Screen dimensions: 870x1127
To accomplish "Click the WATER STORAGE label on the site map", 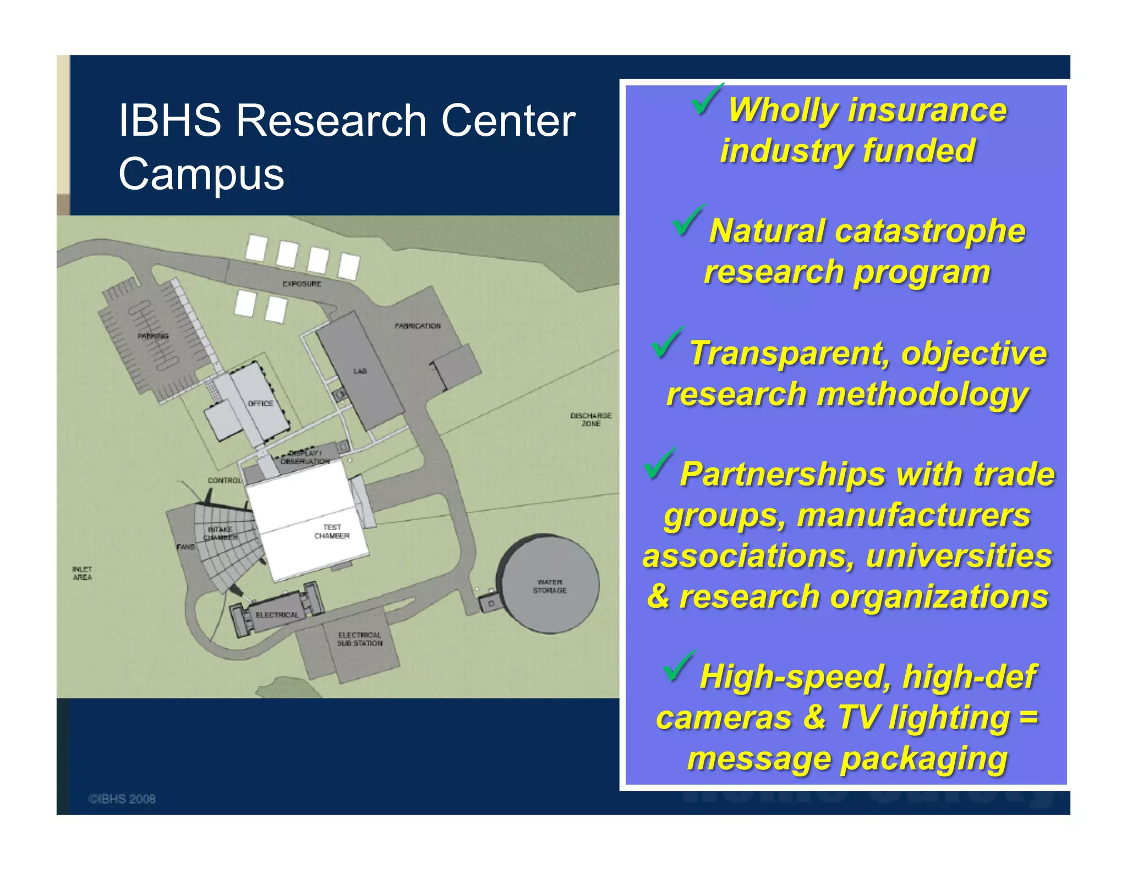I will (x=549, y=586).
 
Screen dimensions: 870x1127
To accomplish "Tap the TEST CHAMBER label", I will (x=332, y=531).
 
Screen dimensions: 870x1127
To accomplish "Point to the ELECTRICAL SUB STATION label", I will (x=360, y=639).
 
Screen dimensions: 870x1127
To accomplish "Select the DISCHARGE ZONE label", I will (x=590, y=420).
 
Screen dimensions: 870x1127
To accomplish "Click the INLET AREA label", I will (x=82, y=573).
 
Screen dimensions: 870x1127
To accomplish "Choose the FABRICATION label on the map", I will (x=418, y=326).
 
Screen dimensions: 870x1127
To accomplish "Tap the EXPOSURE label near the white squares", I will (x=302, y=284).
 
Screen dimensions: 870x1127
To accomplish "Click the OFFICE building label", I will (x=260, y=403).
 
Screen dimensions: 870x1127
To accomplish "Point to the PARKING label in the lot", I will (x=153, y=336).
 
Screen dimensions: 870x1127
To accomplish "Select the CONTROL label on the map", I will (x=225, y=480).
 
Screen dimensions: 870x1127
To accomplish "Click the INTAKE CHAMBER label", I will (x=220, y=533).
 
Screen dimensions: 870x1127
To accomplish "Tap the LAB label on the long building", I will (x=360, y=371).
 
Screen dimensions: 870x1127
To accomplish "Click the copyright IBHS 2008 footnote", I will (x=122, y=799).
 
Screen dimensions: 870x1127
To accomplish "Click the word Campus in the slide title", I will (x=201, y=174).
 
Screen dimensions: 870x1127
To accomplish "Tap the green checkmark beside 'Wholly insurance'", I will (x=706, y=99).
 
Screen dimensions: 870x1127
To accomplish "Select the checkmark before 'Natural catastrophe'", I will (x=687, y=220).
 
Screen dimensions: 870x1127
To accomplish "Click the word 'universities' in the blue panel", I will (x=959, y=555).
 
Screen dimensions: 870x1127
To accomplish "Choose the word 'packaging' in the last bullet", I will (x=924, y=759).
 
